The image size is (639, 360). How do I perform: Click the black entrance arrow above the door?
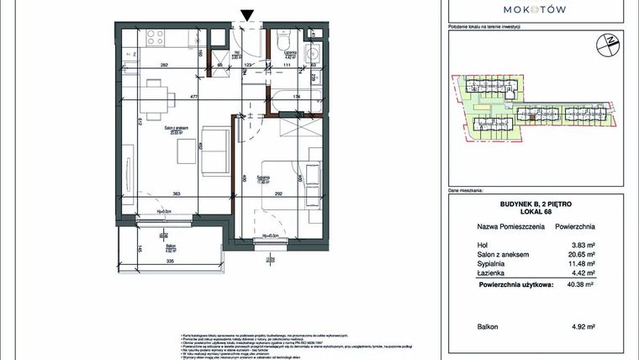[x=246, y=14]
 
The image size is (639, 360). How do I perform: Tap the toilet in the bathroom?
[x=283, y=40]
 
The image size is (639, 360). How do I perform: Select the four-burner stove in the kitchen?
[x=155, y=36]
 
